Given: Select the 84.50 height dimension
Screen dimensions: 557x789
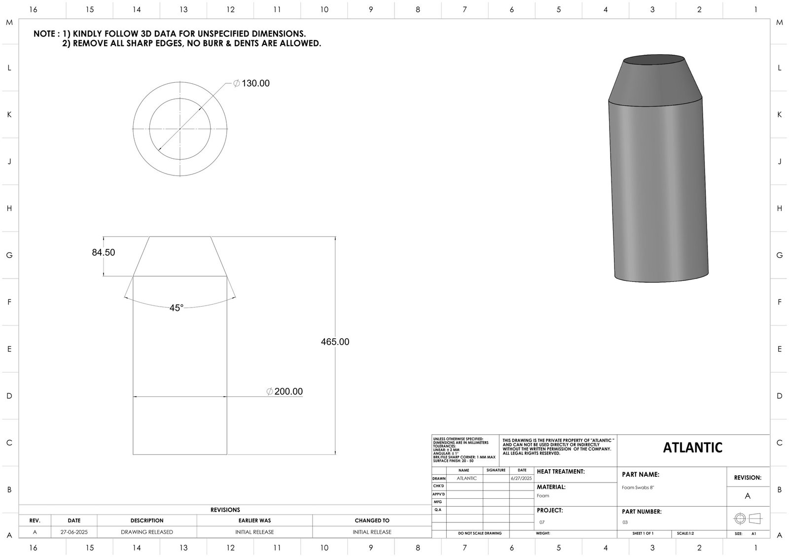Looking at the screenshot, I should (104, 252).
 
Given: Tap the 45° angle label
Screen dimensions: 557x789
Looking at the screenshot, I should (176, 308).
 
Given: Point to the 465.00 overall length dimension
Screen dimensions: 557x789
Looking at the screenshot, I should (335, 342).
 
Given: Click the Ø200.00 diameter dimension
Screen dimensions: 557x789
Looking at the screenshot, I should (285, 391).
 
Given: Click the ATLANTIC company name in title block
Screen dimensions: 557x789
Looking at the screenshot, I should (692, 448).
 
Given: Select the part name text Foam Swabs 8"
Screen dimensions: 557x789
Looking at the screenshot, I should (638, 487).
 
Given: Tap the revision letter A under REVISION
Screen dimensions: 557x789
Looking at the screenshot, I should (748, 496).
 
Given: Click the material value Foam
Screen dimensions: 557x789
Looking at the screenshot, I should (543, 496).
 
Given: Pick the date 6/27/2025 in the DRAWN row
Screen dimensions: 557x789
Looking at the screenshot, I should (522, 478).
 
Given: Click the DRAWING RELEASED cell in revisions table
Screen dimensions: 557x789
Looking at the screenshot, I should (147, 532).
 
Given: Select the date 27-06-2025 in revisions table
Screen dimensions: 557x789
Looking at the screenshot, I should (74, 532).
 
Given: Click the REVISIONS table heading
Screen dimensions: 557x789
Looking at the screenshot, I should (225, 510).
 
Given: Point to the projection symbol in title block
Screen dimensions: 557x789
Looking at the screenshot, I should (748, 519).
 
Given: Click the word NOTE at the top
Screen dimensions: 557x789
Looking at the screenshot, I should (44, 34).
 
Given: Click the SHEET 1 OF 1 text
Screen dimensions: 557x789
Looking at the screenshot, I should (643, 534).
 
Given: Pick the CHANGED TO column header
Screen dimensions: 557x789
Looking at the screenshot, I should (372, 520).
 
